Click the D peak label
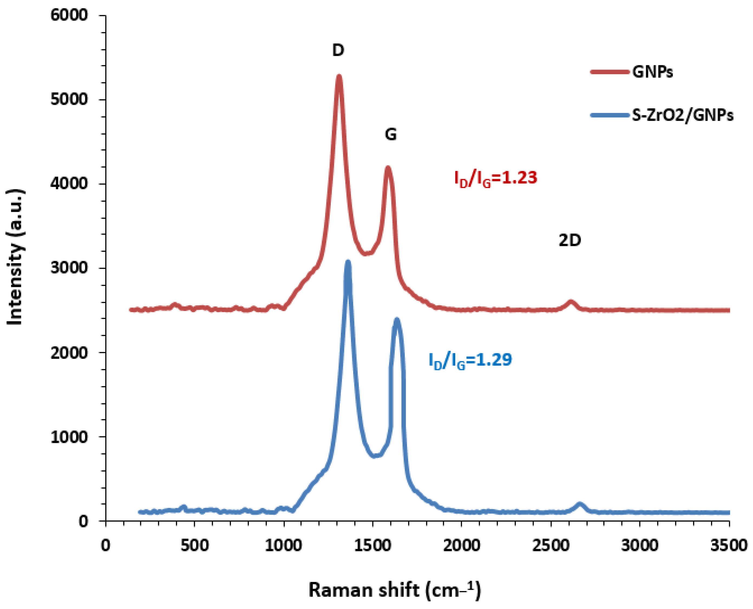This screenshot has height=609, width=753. pos(338,50)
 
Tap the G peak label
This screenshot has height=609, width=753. pos(391,134)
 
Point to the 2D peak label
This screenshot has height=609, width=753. pos(570,240)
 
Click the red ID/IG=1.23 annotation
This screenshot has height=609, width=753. pos(496,178)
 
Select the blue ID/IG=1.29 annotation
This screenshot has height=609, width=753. pos(470,360)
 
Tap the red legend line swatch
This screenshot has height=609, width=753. pos(610,72)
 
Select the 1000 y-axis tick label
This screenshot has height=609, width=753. pos(69,437)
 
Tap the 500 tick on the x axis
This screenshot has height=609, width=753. pos(195,546)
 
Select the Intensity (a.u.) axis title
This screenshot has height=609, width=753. pos(16,258)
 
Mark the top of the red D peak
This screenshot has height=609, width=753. pos(339,76)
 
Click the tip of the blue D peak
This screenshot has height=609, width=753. pos(348,262)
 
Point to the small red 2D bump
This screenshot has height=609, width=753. pos(571,302)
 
